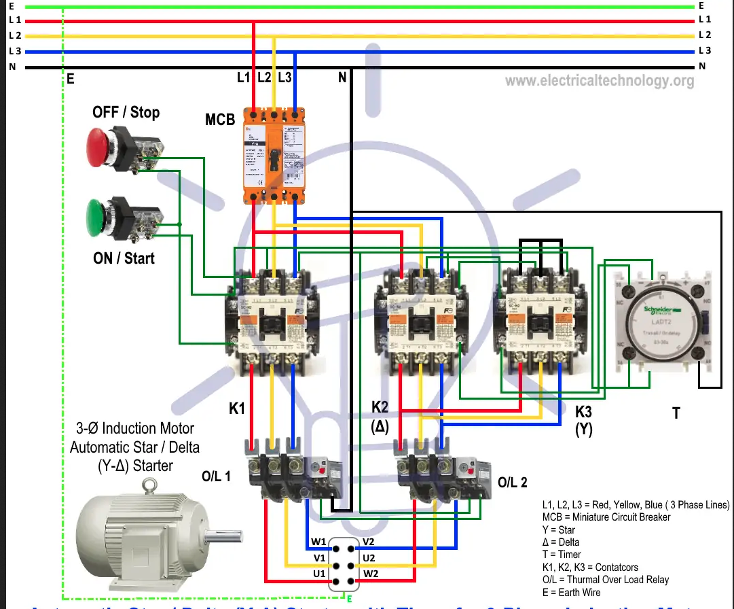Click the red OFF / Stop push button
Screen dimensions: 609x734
[102, 144]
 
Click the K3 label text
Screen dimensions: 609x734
[584, 412]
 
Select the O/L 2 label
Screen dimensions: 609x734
[512, 483]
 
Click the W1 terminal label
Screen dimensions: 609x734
[319, 542]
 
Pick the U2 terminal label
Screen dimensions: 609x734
[369, 558]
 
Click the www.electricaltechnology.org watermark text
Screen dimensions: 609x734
[600, 81]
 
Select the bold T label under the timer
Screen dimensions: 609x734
[676, 413]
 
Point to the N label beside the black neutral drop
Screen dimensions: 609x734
[342, 78]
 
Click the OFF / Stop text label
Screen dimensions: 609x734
[126, 112]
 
